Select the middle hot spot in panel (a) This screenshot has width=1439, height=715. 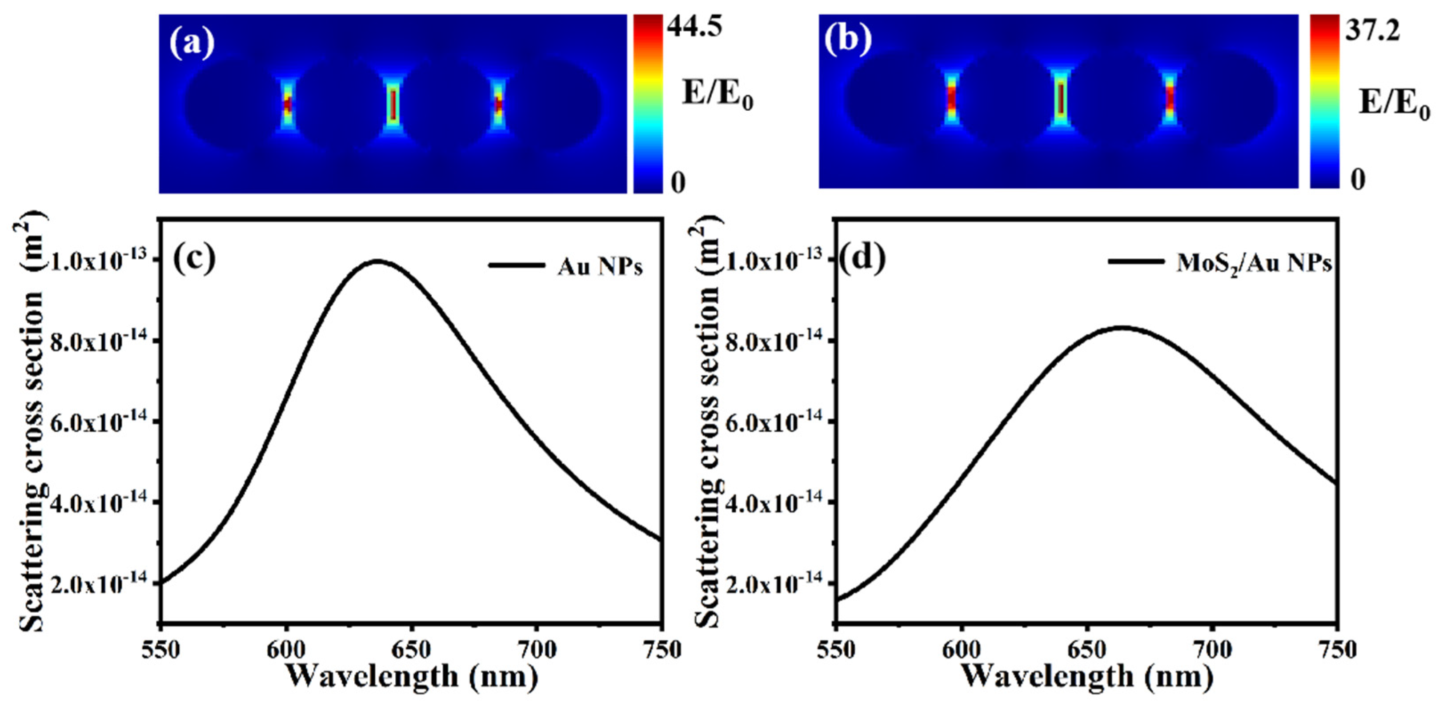(393, 104)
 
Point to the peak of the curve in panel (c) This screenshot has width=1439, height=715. (378, 261)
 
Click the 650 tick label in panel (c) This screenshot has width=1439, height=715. (411, 650)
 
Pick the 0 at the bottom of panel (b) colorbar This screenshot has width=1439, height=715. (1358, 179)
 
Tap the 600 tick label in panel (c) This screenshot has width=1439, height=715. (286, 650)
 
